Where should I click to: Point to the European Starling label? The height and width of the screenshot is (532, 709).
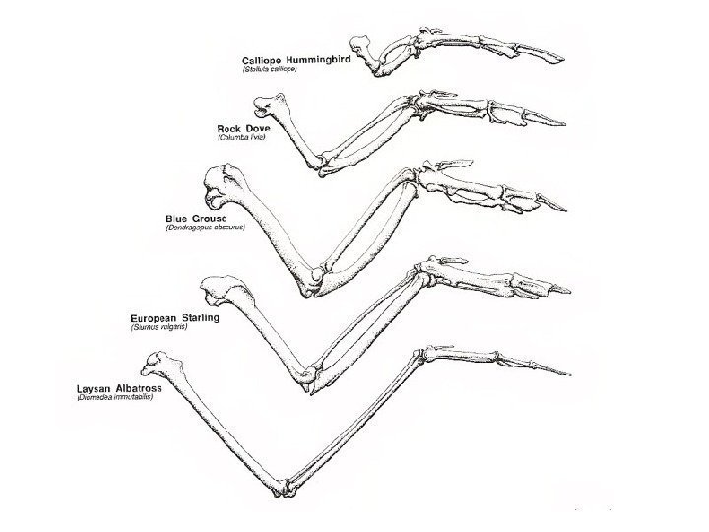(x=175, y=318)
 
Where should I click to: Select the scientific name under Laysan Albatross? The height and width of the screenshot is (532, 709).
(x=114, y=398)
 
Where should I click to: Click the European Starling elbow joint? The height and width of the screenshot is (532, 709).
(x=311, y=376)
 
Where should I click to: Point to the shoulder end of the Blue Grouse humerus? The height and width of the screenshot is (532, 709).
(x=219, y=181)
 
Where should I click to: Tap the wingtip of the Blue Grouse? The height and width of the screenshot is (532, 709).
(x=565, y=209)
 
